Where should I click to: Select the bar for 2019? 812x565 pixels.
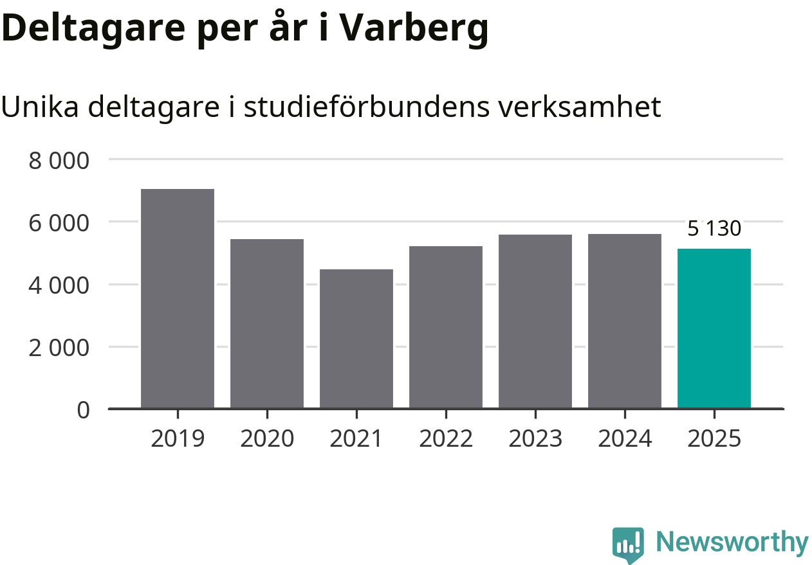(x=178, y=298)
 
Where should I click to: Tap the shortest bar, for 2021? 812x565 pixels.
(x=356, y=339)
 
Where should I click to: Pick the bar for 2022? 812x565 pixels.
(x=446, y=327)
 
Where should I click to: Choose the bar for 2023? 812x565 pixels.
(x=535, y=321)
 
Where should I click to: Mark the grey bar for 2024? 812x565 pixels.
(x=625, y=321)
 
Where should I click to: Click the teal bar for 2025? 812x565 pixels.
(x=714, y=328)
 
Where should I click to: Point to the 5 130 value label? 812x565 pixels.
(x=714, y=228)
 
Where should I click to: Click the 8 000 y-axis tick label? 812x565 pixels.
(x=59, y=159)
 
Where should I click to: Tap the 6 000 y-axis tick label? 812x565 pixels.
(x=59, y=222)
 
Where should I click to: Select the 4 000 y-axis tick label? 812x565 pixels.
(x=59, y=285)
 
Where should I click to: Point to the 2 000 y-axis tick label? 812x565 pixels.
(x=59, y=347)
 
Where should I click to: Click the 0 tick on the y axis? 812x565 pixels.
(x=84, y=409)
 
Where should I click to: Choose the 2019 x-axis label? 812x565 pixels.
(x=178, y=439)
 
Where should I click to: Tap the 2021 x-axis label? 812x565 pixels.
(x=356, y=439)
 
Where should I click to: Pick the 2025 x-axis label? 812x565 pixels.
(x=714, y=439)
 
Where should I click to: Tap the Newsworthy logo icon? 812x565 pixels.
(x=628, y=545)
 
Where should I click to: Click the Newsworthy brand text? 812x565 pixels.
(x=732, y=543)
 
